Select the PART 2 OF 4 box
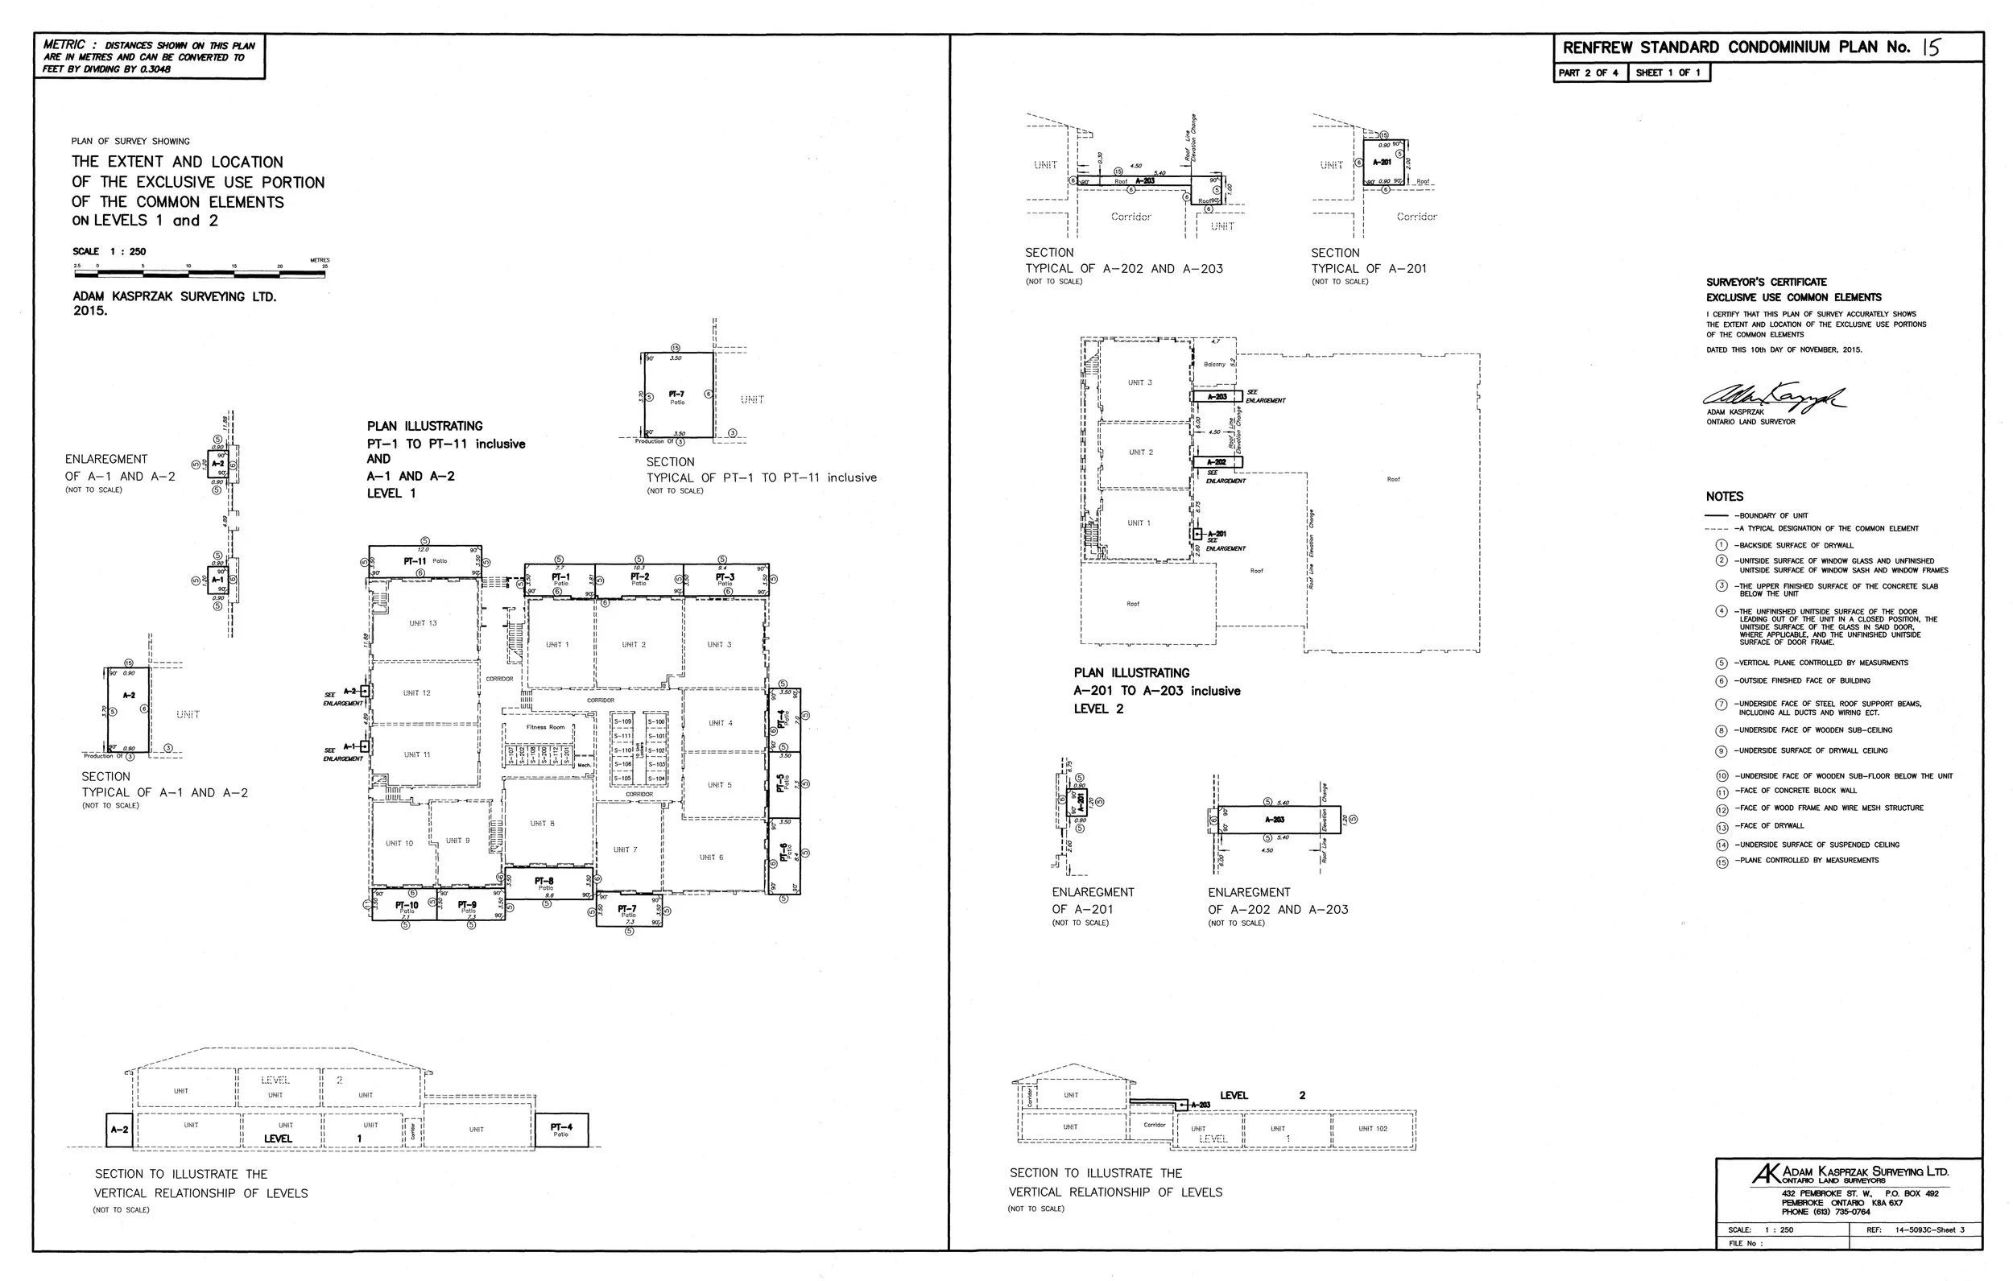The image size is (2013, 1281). pyautogui.click(x=1589, y=72)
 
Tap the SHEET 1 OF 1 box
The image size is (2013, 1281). pyautogui.click(x=1668, y=72)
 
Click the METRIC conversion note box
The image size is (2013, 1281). pyautogui.click(x=150, y=57)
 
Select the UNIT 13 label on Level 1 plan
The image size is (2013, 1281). pyautogui.click(x=422, y=623)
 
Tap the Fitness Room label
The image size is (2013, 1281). pyautogui.click(x=545, y=726)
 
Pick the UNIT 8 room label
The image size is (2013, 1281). pyautogui.click(x=542, y=824)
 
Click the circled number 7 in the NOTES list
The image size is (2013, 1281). pyautogui.click(x=1722, y=704)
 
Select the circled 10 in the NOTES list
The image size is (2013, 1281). pyautogui.click(x=1722, y=776)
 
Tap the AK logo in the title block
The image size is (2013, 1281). pyautogui.click(x=1764, y=1175)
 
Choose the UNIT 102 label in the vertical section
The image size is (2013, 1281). pyautogui.click(x=1372, y=1129)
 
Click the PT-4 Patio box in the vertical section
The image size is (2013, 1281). pyautogui.click(x=561, y=1130)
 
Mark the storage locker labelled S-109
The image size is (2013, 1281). pyautogui.click(x=622, y=721)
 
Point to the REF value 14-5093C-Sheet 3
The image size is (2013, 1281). pyautogui.click(x=1928, y=1230)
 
